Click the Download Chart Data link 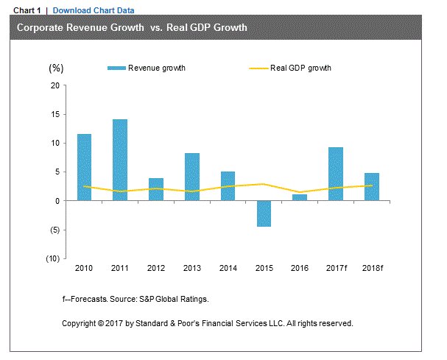click(94, 10)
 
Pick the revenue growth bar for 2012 click(155, 189)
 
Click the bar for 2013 click(192, 177)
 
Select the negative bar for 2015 click(264, 213)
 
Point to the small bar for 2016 click(300, 197)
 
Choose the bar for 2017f click(335, 174)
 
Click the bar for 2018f click(371, 187)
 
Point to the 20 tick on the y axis click(54, 85)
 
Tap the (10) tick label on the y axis click(52, 258)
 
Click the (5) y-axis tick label click(54, 230)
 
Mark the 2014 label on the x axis click(228, 268)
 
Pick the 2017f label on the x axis click(336, 268)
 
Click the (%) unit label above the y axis click(57, 68)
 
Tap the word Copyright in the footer click(80, 323)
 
